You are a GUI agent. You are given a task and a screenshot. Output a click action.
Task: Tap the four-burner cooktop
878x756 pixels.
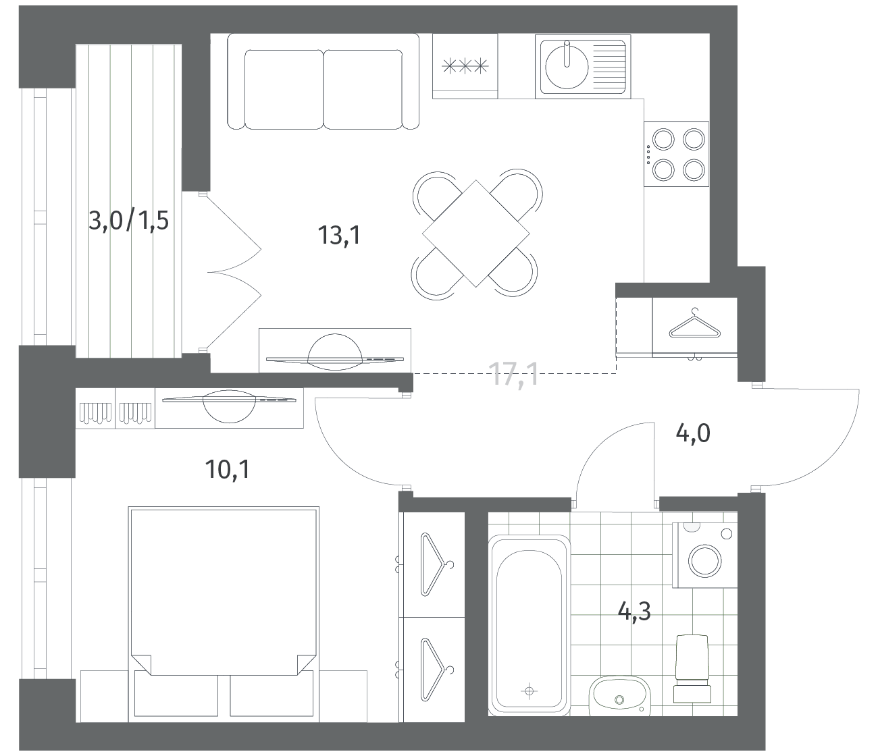pos(676,154)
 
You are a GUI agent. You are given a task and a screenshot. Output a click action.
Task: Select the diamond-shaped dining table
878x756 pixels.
pos(475,234)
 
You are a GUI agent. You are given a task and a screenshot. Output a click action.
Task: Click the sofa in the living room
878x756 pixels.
pos(324,82)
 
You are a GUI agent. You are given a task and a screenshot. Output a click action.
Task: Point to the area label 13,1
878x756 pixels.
pos(340,235)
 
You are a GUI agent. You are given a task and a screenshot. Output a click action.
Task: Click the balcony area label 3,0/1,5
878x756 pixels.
pos(128,221)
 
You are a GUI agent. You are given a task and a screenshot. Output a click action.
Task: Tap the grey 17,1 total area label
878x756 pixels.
pos(513,374)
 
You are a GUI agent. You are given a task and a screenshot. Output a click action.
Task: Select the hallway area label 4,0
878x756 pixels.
pos(693,434)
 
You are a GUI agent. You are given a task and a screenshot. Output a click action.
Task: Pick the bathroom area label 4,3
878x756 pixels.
pos(634,612)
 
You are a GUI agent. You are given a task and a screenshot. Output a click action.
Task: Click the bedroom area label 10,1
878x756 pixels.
pos(228,469)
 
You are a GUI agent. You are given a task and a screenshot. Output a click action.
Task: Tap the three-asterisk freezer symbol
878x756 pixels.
pos(465,65)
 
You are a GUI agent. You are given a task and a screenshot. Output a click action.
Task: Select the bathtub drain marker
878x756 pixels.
pos(530,691)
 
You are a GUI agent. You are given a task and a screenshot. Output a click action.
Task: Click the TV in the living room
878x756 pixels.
pos(335,352)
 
